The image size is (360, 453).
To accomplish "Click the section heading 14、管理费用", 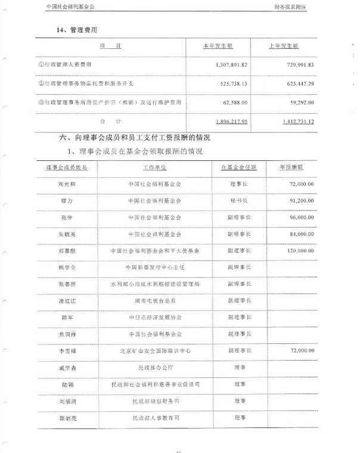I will (77, 28).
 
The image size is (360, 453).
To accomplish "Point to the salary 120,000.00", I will (300, 252).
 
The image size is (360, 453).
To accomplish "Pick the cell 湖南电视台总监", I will (155, 302).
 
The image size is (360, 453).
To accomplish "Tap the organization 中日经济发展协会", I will (155, 318).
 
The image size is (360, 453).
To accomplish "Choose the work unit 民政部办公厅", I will (155, 368).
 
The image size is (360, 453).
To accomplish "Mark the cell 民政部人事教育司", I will (155, 418).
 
